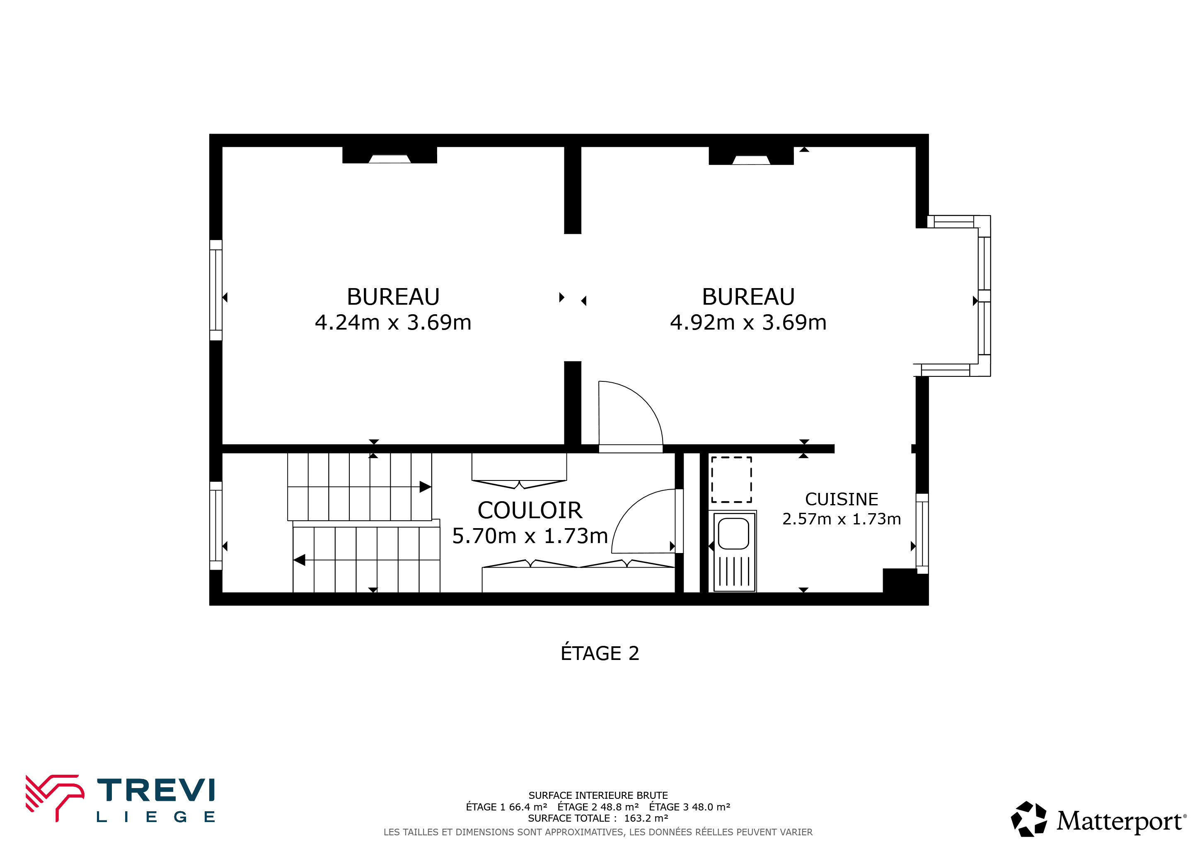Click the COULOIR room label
(x=530, y=510)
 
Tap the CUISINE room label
(x=842, y=499)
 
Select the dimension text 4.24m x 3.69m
(x=393, y=323)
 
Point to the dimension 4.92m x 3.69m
(x=748, y=323)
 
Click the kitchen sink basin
(x=734, y=534)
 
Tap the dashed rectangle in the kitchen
(x=732, y=479)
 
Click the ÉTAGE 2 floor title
(x=600, y=653)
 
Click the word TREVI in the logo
(x=156, y=790)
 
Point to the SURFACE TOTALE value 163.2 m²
(x=646, y=818)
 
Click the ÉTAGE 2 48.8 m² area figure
(x=598, y=807)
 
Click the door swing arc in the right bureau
(x=644, y=400)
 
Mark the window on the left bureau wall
(x=216, y=290)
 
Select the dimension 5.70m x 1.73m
(x=530, y=536)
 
